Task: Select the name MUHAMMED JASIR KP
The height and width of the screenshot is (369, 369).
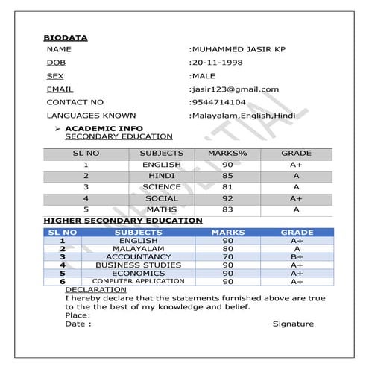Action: [236, 48]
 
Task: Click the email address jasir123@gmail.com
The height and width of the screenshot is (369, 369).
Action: [235, 89]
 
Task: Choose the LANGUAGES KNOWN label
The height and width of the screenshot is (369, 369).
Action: [91, 116]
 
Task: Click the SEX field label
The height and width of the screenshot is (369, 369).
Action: [54, 75]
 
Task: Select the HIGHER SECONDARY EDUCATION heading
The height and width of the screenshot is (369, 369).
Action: [122, 221]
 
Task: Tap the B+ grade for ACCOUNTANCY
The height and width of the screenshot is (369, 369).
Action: [296, 256]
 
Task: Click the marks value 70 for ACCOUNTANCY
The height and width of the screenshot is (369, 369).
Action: [227, 256]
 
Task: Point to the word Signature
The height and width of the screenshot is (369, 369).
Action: [292, 324]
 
